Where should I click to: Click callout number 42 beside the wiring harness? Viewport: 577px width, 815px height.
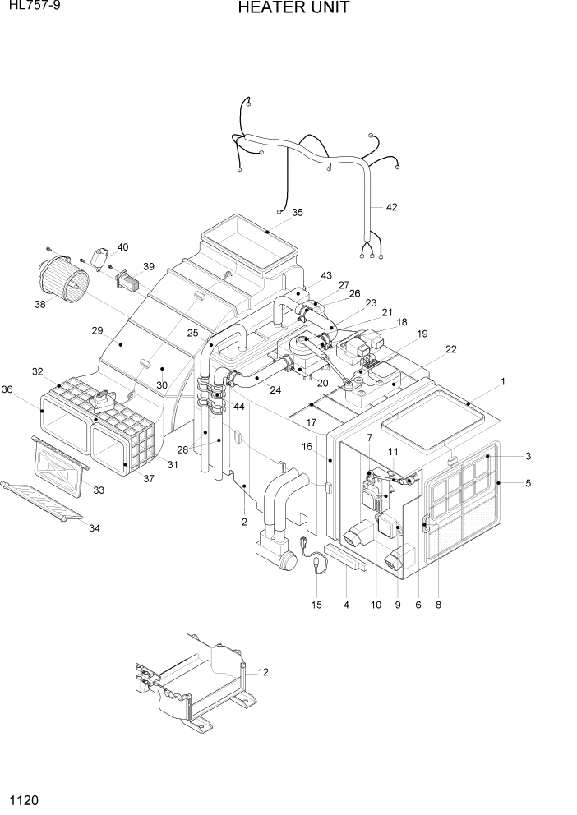tap(391, 207)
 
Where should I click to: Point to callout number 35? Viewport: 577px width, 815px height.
tap(297, 213)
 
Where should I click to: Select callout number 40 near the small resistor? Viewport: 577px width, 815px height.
tap(123, 247)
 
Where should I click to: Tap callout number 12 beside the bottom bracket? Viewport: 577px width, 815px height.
tap(263, 672)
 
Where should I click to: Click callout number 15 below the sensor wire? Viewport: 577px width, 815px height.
tap(317, 605)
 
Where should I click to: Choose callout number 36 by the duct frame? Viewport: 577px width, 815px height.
tap(7, 389)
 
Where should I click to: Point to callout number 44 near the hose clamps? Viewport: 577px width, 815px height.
tap(239, 407)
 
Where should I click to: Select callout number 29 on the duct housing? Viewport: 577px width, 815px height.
tap(97, 330)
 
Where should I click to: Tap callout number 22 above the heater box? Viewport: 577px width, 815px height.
tap(450, 349)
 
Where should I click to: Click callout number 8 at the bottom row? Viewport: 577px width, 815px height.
tap(438, 605)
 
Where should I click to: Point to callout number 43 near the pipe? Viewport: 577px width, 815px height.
tap(326, 275)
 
